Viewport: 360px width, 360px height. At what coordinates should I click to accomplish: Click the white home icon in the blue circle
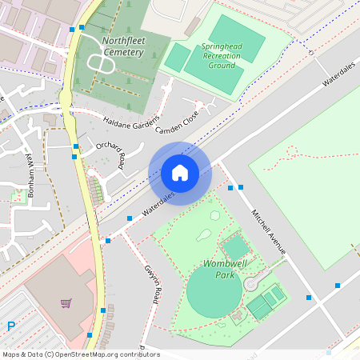(180, 172)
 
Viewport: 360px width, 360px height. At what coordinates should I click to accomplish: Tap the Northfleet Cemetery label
(111, 46)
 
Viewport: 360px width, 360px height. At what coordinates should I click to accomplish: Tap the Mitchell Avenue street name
(268, 231)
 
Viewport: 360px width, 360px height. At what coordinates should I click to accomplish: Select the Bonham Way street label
(31, 170)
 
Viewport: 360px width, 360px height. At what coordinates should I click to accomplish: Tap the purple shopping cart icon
(66, 303)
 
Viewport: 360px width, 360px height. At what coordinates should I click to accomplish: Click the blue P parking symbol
(11, 326)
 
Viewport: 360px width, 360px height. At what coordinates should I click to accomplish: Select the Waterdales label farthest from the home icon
(338, 77)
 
